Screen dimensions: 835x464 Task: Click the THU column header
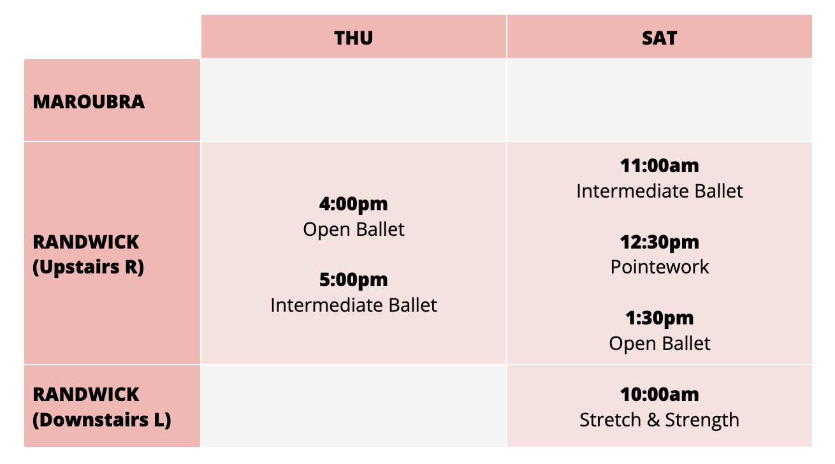point(353,38)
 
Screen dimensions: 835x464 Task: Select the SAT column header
point(659,38)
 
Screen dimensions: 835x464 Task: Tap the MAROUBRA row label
point(89,102)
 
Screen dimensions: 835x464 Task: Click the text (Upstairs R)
point(89,267)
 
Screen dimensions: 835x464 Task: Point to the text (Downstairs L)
point(102,420)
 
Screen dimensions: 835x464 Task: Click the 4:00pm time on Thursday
point(353,204)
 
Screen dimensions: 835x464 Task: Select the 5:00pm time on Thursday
point(353,280)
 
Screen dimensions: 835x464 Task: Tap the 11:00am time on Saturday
point(659,166)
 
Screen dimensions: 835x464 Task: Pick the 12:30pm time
point(659,242)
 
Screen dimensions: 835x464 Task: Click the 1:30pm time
point(659,318)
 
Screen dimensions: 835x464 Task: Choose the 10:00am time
point(659,395)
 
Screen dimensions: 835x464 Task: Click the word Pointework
point(659,267)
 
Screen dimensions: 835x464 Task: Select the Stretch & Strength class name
point(659,420)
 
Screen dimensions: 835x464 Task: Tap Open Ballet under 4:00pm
point(353,229)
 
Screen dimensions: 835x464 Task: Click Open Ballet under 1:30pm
point(659,344)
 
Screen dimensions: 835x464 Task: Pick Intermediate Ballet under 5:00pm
point(353,305)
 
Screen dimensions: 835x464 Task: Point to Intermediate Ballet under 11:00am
point(659,191)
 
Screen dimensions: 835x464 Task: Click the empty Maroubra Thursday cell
point(353,100)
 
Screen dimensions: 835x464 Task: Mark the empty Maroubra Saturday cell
point(659,100)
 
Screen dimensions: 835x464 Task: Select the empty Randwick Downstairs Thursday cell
point(353,406)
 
